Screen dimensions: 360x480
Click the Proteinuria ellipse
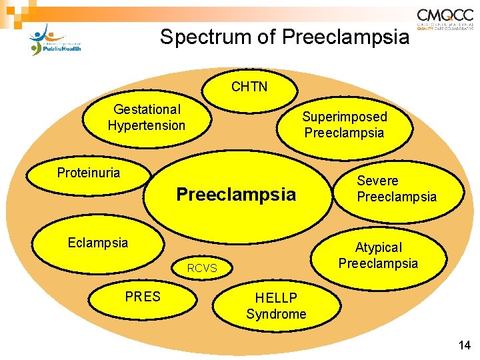click(89, 173)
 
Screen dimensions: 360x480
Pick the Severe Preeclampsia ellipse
click(397, 189)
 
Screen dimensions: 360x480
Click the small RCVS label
click(201, 269)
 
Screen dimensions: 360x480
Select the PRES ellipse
click(143, 297)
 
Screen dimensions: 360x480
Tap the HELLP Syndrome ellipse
click(276, 306)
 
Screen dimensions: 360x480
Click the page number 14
click(464, 345)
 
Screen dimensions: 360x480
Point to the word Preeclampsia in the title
click(346, 37)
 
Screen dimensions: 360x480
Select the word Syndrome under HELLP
click(276, 314)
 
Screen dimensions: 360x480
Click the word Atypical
click(378, 247)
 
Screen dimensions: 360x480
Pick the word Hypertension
click(146, 125)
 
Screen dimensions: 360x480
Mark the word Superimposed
click(345, 117)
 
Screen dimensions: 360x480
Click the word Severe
click(377, 181)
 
